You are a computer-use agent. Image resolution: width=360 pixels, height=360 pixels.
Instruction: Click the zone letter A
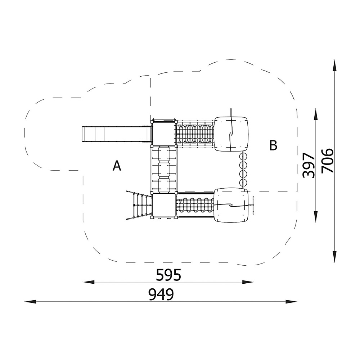[x=117, y=166]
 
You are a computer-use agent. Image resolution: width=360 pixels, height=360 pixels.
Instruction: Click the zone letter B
[x=273, y=145]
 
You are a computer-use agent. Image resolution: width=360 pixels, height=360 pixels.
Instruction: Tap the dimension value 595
[x=168, y=275]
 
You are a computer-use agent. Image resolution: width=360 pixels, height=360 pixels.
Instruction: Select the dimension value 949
[x=161, y=294]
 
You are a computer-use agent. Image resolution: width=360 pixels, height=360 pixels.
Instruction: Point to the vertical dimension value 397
[x=309, y=165]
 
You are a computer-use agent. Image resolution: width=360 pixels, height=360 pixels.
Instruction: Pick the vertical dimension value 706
[x=327, y=161]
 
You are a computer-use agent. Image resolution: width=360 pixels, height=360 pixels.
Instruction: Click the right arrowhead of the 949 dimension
[x=291, y=301]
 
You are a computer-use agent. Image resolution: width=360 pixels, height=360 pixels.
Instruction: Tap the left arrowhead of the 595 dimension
[x=89, y=282]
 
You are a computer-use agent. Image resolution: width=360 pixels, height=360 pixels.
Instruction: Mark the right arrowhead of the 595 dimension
[x=248, y=282]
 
